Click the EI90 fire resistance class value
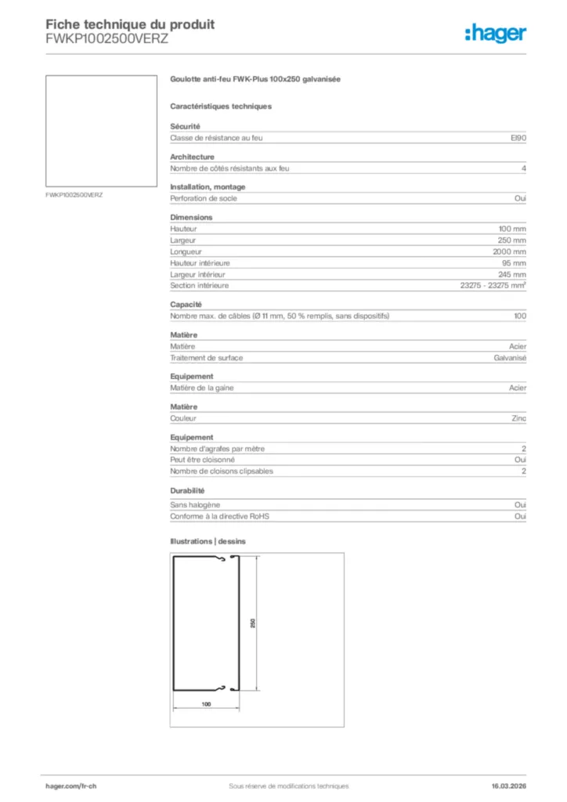(518, 138)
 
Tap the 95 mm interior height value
(517, 263)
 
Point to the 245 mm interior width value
(515, 274)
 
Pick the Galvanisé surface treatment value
(510, 358)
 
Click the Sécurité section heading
(186, 126)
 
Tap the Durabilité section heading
(188, 490)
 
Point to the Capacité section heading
(186, 304)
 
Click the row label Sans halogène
(195, 505)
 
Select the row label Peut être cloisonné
(204, 460)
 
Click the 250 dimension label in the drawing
(252, 623)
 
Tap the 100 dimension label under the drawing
(206, 705)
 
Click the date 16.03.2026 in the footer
(504, 786)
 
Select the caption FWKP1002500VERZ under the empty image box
(75, 194)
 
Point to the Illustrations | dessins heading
(208, 541)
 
